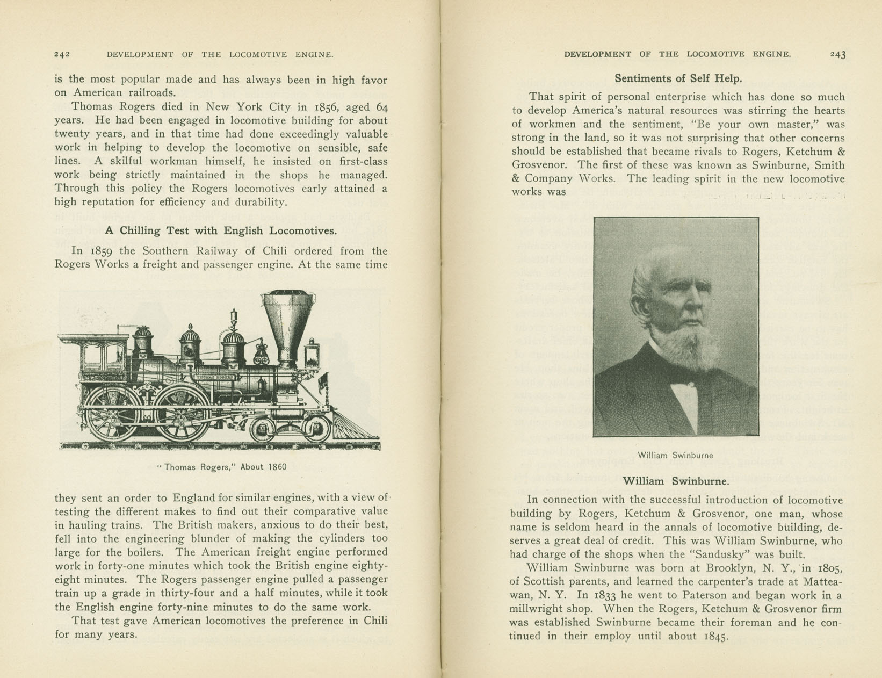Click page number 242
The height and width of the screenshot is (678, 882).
[x=62, y=54]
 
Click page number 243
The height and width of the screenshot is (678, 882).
[x=837, y=54]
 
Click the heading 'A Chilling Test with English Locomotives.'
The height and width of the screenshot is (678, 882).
[x=221, y=231]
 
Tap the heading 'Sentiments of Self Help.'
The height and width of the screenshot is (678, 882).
[x=678, y=78]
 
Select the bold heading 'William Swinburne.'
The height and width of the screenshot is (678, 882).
[x=676, y=481]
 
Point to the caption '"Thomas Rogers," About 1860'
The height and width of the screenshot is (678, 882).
[x=222, y=467]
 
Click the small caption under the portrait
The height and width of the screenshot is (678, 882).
[x=675, y=456]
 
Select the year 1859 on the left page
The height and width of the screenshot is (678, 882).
[x=101, y=251]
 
